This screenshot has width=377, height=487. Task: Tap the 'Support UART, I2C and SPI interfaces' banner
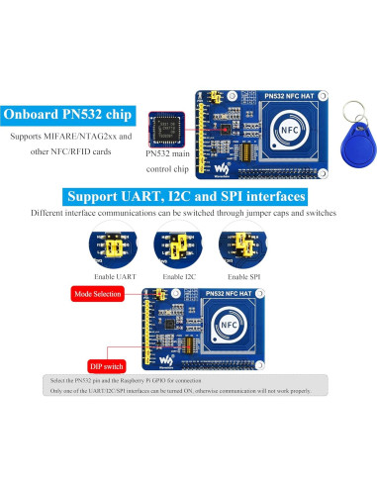[x=189, y=194]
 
